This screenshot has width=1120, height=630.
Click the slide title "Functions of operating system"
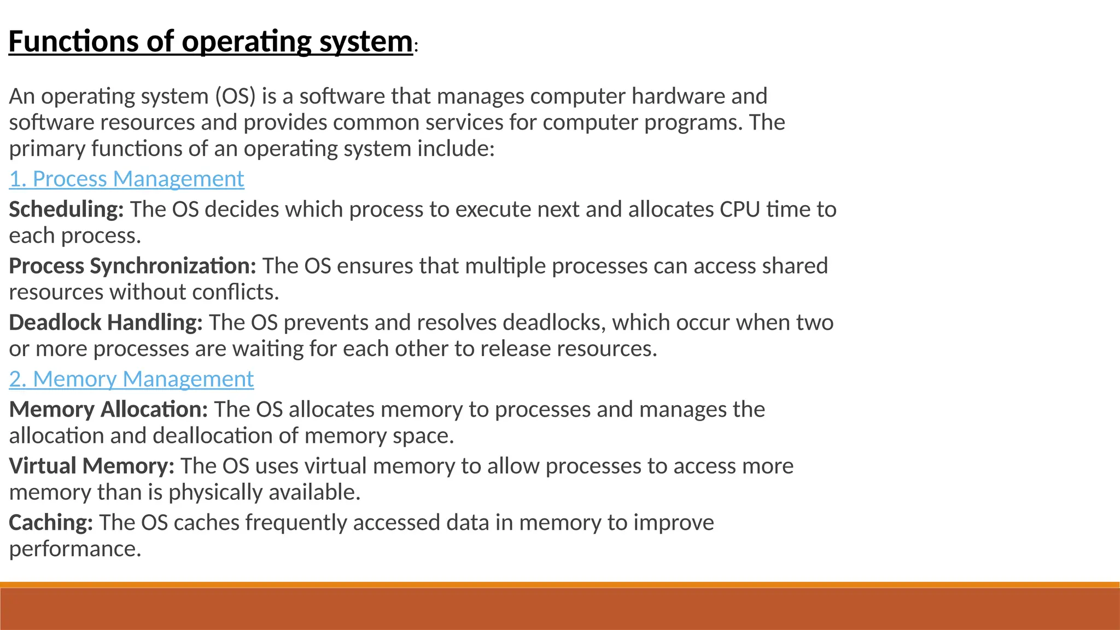coord(211,42)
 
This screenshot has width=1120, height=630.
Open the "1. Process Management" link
coord(126,179)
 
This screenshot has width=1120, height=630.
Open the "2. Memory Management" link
coord(131,379)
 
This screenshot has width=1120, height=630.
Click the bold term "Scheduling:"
coord(66,209)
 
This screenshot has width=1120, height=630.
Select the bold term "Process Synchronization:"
coord(132,266)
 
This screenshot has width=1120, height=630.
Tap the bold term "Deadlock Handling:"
coord(106,323)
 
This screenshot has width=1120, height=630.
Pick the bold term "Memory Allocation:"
coord(108,410)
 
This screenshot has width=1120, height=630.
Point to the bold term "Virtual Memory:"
coord(91,466)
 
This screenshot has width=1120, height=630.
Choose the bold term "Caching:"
coord(51,523)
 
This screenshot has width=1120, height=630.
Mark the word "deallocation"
coord(225,436)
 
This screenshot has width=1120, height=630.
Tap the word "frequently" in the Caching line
coord(296,523)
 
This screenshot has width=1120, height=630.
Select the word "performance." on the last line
coord(75,549)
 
